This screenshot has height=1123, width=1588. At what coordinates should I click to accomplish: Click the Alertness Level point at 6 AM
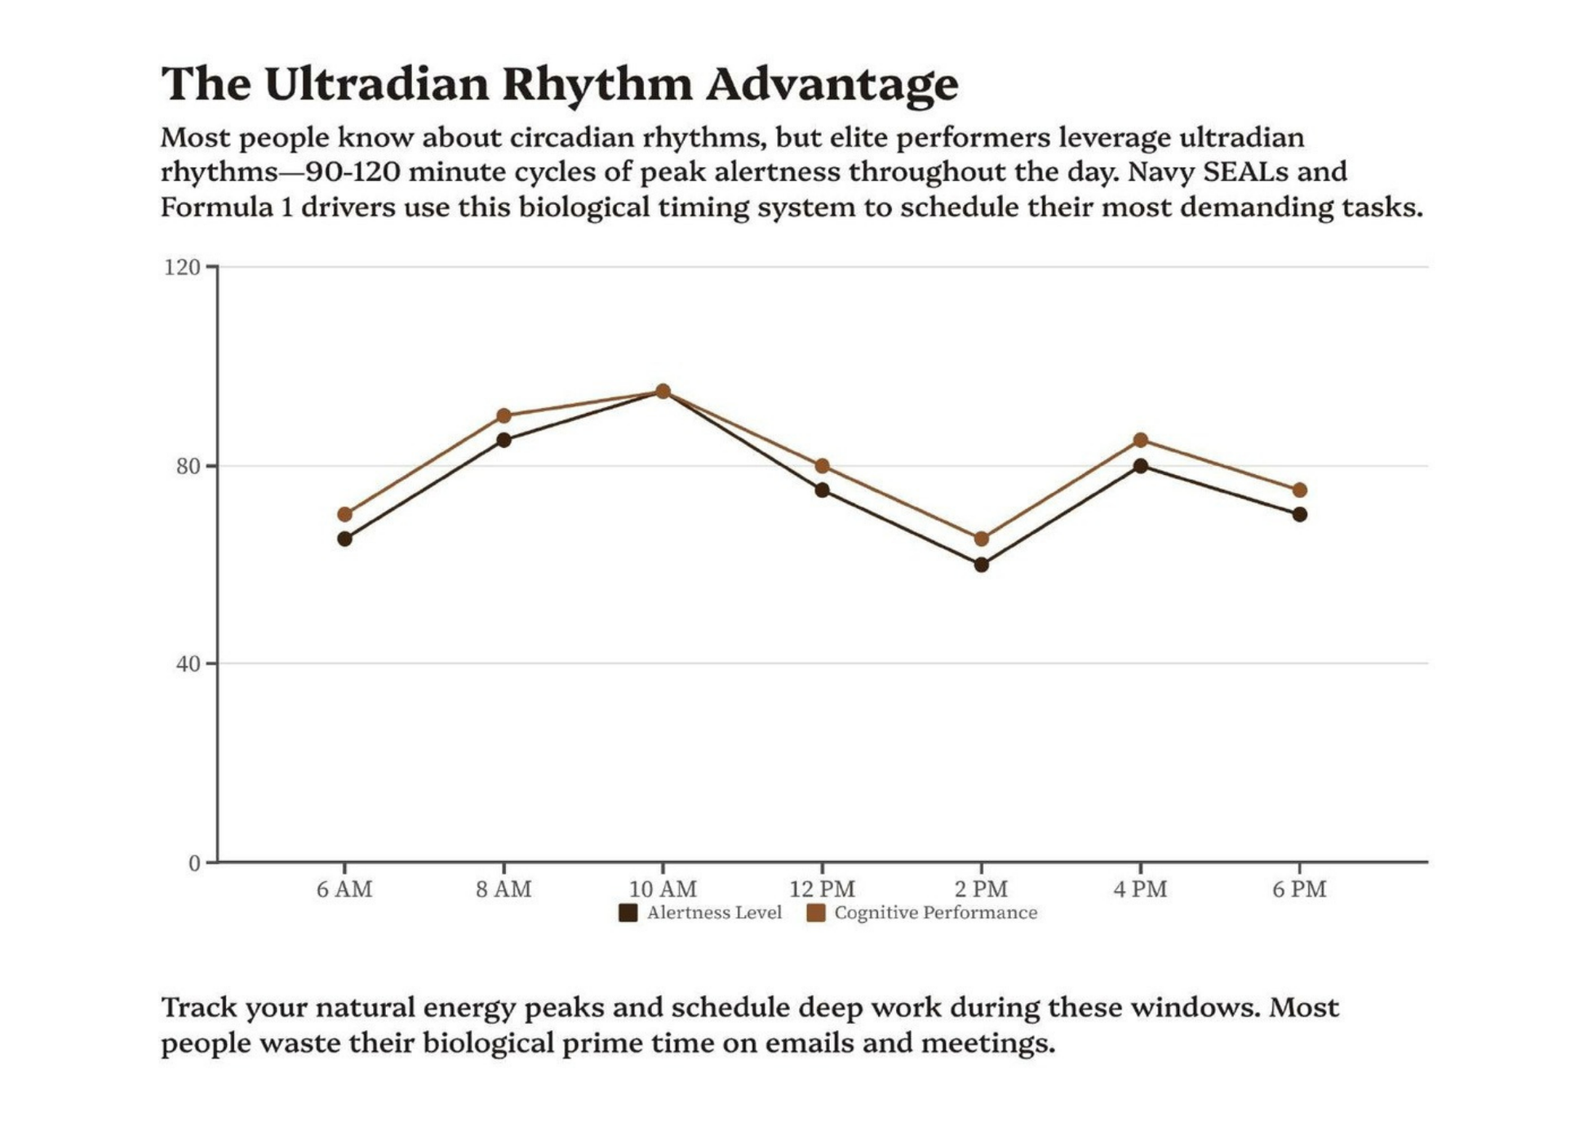(344, 539)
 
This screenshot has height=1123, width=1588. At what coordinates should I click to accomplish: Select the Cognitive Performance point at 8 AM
(503, 416)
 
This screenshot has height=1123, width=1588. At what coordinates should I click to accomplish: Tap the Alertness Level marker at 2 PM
(981, 564)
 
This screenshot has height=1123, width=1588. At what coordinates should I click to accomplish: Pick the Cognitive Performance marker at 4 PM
(1140, 441)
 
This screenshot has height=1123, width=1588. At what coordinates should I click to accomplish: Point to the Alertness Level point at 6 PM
(1299, 514)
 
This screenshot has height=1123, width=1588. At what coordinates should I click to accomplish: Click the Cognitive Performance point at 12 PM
(822, 466)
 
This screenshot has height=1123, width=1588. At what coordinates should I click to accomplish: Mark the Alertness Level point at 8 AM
(503, 440)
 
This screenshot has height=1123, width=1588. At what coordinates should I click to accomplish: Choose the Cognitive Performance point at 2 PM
(981, 539)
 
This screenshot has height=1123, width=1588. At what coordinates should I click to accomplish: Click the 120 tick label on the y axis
(181, 268)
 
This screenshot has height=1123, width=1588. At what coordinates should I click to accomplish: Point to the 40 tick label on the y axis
(188, 664)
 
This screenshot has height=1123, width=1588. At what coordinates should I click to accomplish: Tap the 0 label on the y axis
(194, 863)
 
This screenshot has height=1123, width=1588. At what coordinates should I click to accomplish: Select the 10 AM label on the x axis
(663, 889)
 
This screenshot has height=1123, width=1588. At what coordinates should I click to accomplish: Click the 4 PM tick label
(1140, 889)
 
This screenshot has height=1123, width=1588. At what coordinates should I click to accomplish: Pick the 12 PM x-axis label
(822, 889)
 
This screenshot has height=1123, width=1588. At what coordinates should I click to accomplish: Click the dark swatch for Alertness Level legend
(628, 913)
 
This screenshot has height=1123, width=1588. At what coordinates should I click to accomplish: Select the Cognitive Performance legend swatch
(815, 913)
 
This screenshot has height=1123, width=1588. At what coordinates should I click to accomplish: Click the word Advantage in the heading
(832, 84)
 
